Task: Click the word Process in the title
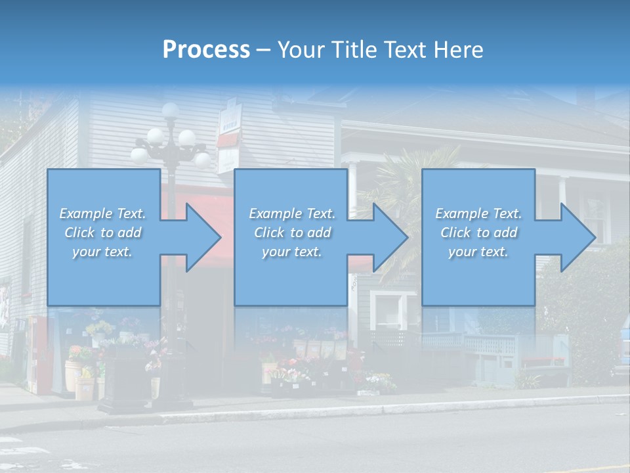click(206, 50)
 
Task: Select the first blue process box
click(103, 236)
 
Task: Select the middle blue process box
click(291, 236)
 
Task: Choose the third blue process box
click(478, 236)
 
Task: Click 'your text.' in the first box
click(102, 251)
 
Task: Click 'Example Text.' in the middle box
click(291, 214)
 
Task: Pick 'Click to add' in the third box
click(478, 233)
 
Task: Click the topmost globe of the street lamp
click(171, 110)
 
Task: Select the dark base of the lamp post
click(128, 388)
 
